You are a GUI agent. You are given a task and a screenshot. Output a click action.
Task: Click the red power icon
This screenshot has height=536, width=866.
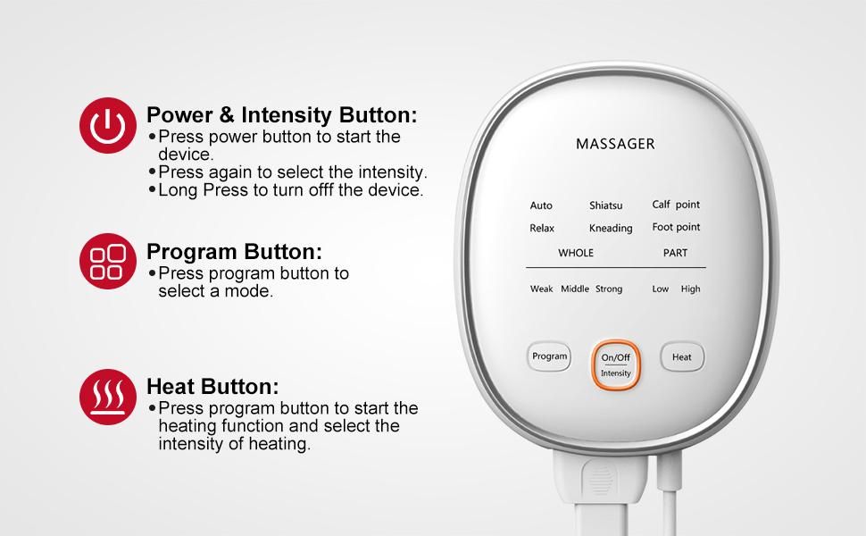click(x=108, y=125)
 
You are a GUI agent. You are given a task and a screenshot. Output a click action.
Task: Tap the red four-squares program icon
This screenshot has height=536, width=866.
click(x=108, y=261)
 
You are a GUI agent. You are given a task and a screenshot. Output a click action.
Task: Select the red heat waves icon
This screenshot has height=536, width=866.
click(x=108, y=397)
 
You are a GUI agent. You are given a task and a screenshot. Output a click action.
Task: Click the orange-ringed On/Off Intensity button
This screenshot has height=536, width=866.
click(x=616, y=365)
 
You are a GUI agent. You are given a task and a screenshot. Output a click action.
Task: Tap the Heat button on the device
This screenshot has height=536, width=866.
click(x=682, y=357)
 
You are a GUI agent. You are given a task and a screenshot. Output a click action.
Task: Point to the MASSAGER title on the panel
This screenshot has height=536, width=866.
click(x=615, y=144)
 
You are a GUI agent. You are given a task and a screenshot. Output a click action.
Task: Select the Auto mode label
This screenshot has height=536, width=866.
click(x=541, y=205)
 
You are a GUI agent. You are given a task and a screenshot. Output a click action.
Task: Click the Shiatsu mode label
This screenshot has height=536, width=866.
click(x=606, y=205)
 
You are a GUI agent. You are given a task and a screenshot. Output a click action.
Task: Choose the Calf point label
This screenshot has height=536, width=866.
click(x=676, y=205)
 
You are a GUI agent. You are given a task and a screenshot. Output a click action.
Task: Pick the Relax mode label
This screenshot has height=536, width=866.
click(x=542, y=228)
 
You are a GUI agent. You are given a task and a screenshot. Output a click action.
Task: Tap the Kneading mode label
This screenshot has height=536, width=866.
click(x=611, y=228)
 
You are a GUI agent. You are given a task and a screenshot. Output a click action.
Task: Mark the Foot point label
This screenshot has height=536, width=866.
click(x=676, y=227)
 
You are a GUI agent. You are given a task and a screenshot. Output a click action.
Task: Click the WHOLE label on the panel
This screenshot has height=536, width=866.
click(x=576, y=253)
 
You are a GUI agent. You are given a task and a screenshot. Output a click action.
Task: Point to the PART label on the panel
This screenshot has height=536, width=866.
click(x=676, y=253)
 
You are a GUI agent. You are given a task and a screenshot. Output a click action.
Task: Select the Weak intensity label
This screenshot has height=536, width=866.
click(x=541, y=289)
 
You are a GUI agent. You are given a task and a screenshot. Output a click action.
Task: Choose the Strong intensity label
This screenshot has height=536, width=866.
click(x=609, y=289)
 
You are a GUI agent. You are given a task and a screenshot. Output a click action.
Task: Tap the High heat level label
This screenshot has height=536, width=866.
click(x=690, y=289)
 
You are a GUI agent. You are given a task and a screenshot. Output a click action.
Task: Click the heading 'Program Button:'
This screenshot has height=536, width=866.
click(x=234, y=252)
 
